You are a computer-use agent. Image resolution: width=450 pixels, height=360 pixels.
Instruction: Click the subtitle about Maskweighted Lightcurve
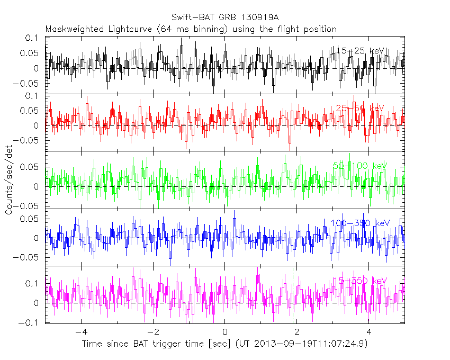tap(191, 29)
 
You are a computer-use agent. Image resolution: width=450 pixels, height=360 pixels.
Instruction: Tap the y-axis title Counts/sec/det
tap(9, 180)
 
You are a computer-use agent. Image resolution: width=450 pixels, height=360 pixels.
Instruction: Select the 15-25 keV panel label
tap(360, 51)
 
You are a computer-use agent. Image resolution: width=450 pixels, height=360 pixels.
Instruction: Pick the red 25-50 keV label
tap(359, 108)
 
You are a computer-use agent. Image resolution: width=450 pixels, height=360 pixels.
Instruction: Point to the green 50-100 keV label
tap(359, 166)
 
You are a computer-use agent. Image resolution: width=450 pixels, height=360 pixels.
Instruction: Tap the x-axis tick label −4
tap(81, 333)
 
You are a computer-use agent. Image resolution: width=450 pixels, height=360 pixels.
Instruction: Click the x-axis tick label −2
tap(153, 333)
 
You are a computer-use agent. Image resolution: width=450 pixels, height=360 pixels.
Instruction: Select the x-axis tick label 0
tap(225, 333)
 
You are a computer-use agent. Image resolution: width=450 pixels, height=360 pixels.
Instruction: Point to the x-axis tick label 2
tap(297, 333)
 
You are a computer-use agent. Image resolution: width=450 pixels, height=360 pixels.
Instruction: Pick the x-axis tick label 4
tap(369, 333)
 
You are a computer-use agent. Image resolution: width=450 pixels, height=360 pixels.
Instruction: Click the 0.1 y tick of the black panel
tap(33, 38)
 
